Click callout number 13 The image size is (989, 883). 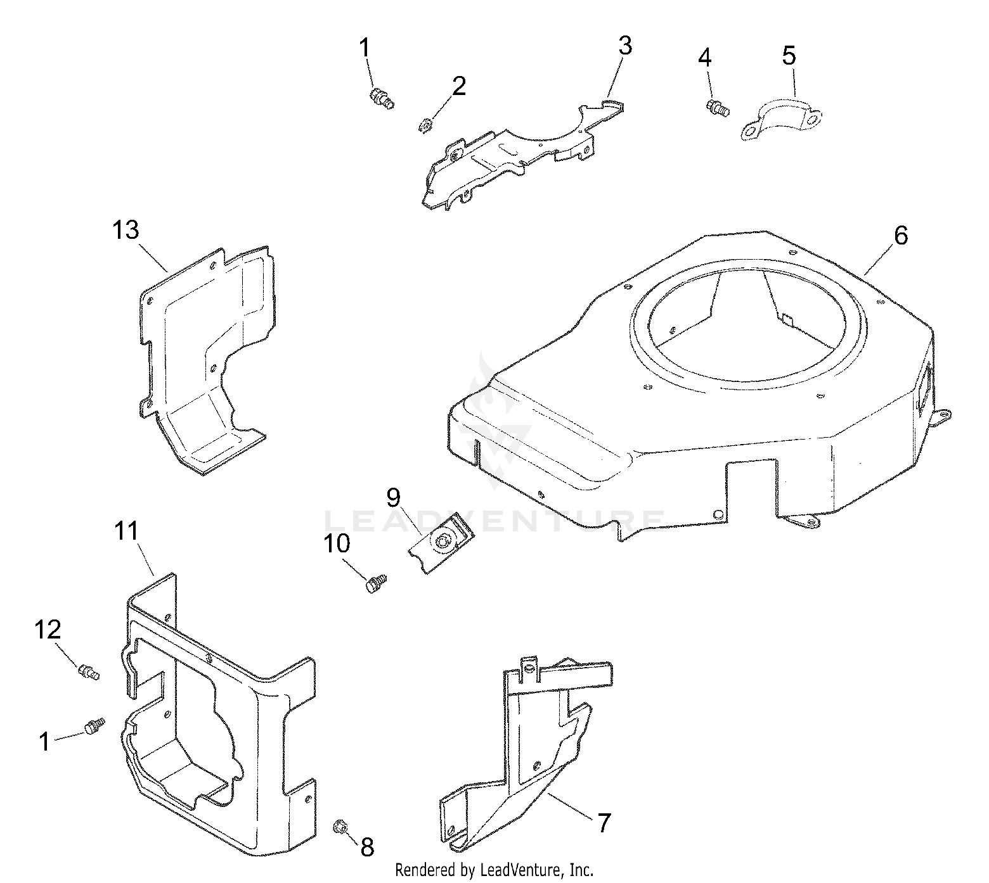[x=126, y=231]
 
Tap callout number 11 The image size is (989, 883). [x=126, y=531]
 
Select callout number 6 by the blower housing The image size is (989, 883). [x=901, y=236]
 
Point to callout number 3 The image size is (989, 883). [x=624, y=46]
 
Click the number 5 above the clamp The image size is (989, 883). [x=788, y=56]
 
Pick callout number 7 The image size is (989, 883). [x=603, y=823]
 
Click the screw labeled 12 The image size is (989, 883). [x=89, y=671]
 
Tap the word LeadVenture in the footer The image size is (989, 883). [x=522, y=870]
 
